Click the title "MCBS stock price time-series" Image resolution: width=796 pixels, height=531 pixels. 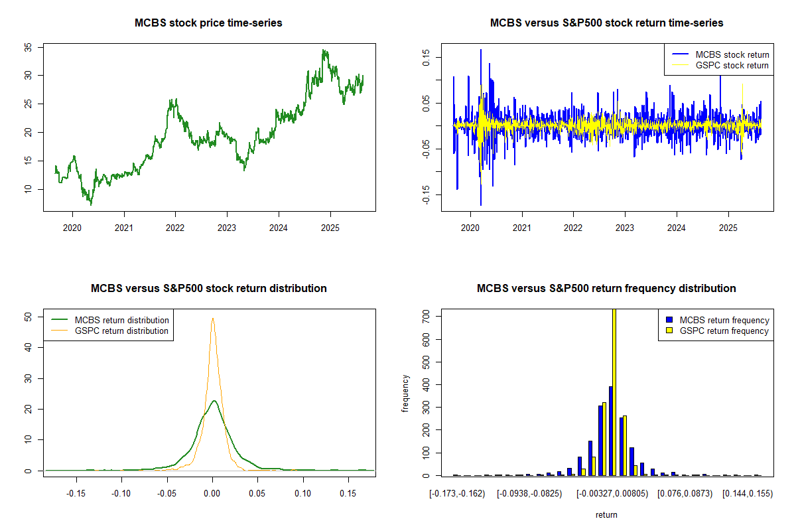click(x=208, y=23)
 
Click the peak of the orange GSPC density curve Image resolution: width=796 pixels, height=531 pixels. click(x=212, y=318)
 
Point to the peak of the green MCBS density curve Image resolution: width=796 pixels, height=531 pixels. click(x=214, y=400)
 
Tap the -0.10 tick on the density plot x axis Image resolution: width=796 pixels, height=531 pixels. click(x=121, y=493)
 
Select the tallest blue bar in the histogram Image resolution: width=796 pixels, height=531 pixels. click(x=610, y=431)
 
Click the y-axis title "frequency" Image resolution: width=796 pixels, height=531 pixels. click(x=406, y=394)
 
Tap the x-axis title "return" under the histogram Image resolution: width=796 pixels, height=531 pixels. click(x=606, y=514)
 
